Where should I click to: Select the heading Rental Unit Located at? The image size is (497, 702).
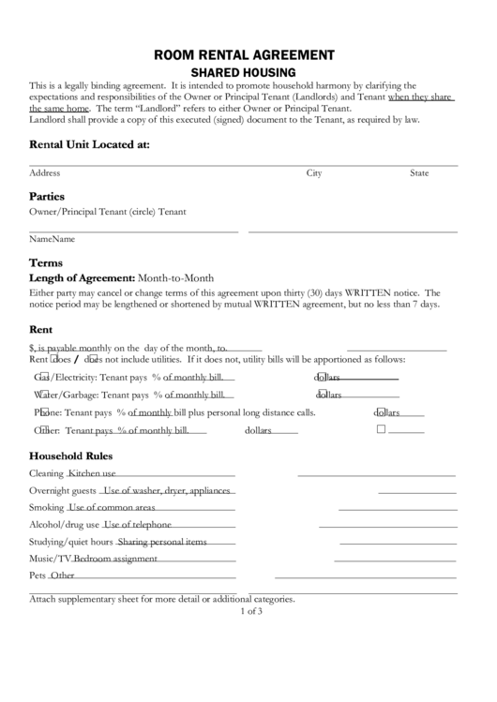click(x=89, y=144)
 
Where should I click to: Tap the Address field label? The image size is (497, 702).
click(x=45, y=173)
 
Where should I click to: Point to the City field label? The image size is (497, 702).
click(x=314, y=173)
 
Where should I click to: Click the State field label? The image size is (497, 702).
click(x=418, y=173)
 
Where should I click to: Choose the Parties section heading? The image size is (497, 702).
click(x=47, y=197)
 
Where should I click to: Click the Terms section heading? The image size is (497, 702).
click(x=46, y=262)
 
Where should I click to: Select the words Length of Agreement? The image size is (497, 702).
click(x=83, y=278)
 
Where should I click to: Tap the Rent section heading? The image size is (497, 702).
click(x=40, y=329)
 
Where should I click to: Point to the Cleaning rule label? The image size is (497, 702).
click(x=46, y=474)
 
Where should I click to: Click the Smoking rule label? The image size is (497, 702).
click(x=46, y=508)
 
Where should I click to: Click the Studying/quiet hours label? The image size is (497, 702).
click(x=71, y=542)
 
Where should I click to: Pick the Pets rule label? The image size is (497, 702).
click(x=38, y=575)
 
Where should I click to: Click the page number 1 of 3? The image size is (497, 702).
click(x=250, y=611)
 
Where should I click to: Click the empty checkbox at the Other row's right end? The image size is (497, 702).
click(x=381, y=430)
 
